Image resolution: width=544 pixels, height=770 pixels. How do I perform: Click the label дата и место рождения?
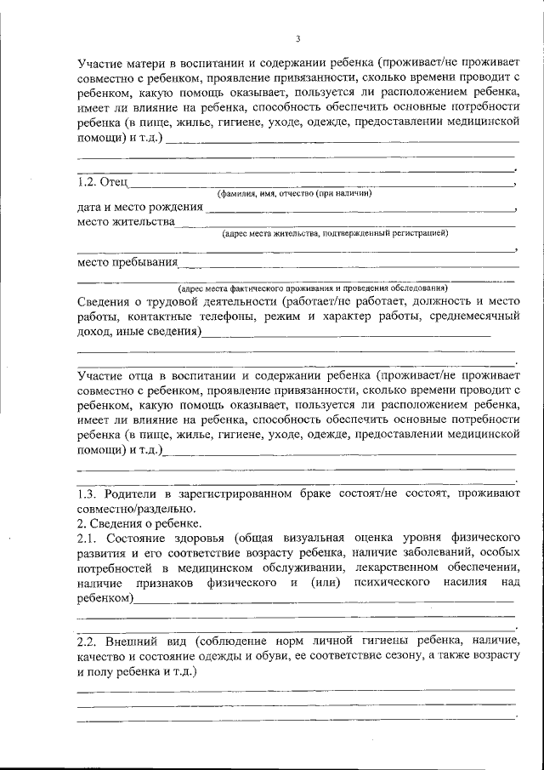pyautogui.click(x=139, y=207)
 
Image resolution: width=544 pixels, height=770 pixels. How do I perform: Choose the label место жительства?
pyautogui.click(x=126, y=222)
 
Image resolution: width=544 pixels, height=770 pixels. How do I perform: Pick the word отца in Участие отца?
pyautogui.click(x=142, y=374)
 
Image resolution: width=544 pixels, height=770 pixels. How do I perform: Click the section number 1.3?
pyautogui.click(x=88, y=493)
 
